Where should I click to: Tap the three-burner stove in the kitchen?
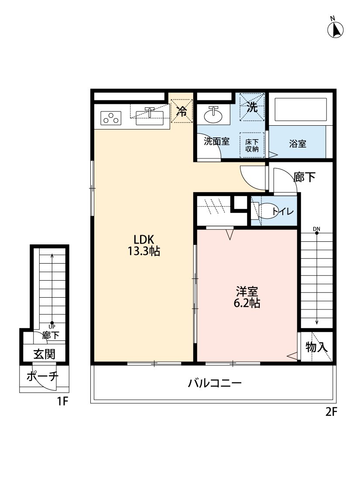(111, 118)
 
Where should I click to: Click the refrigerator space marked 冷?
(182, 111)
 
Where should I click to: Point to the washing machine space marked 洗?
(252, 107)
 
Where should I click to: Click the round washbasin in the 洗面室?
(213, 116)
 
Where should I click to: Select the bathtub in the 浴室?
(301, 109)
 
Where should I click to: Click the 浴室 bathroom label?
(298, 144)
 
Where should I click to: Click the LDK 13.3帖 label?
(144, 245)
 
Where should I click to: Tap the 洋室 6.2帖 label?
(247, 298)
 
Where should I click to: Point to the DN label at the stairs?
(316, 229)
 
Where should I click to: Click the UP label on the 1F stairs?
(52, 326)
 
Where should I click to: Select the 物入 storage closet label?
(317, 347)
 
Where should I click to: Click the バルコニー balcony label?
(215, 383)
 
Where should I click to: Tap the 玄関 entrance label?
(45, 354)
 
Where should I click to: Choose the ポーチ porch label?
(43, 376)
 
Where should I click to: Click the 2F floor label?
(332, 412)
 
